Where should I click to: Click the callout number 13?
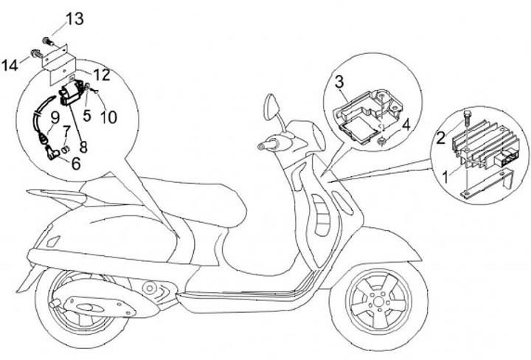point(74,18)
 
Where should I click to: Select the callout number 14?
point(10,65)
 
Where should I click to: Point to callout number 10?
point(109,116)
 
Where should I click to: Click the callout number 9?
point(54,115)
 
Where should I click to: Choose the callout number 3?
point(339,80)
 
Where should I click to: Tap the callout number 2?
point(439,137)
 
